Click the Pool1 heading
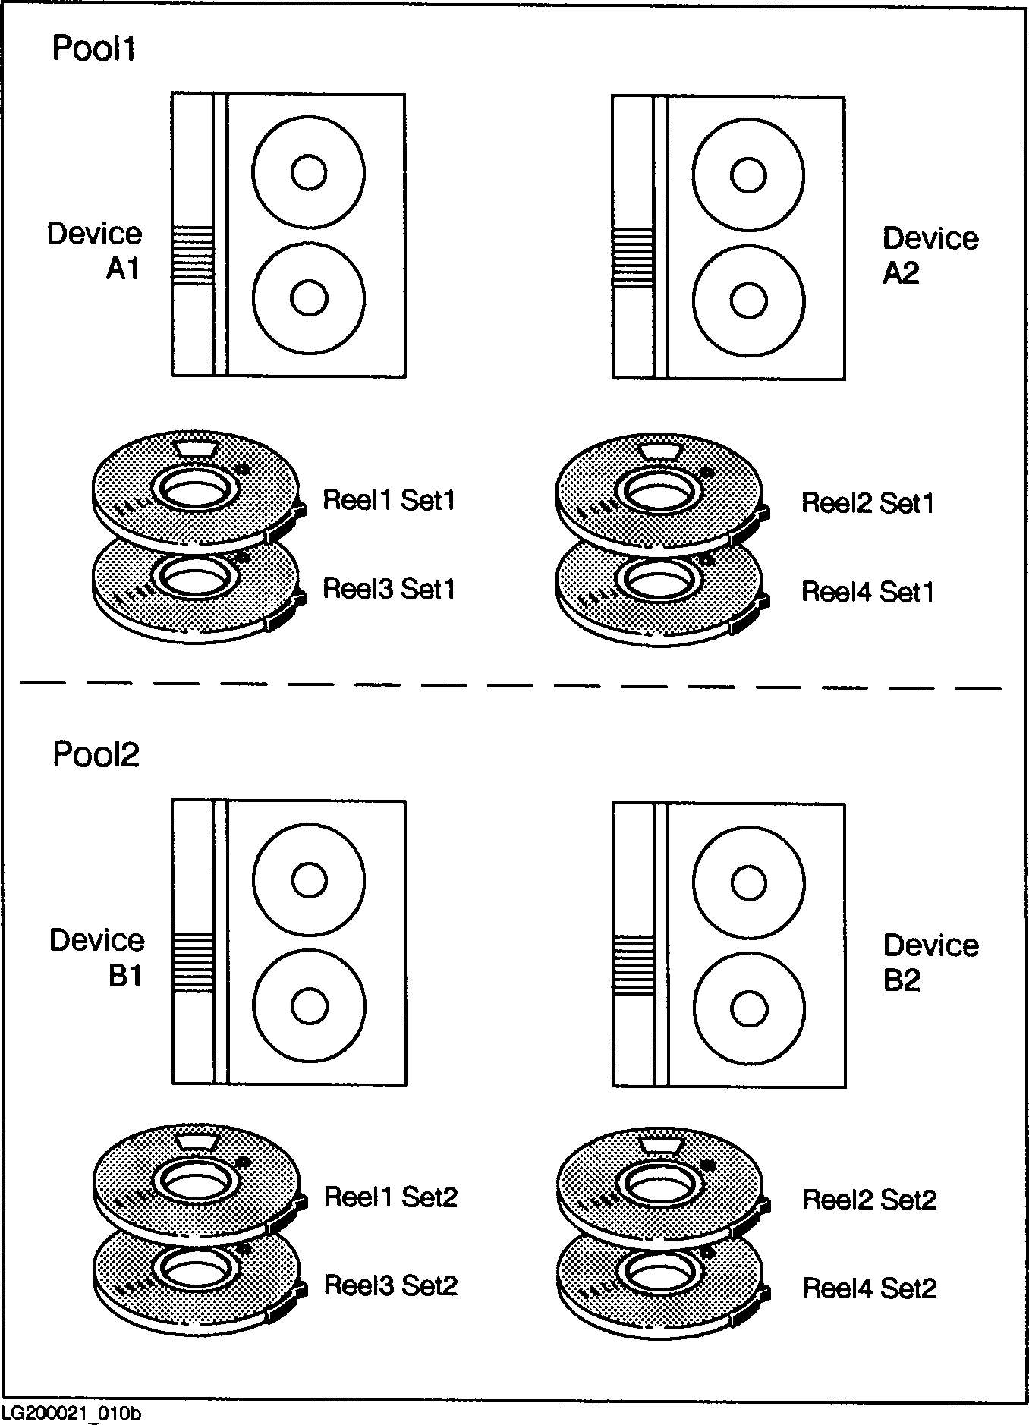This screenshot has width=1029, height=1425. point(93,49)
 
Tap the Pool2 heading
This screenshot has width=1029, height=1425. point(96,754)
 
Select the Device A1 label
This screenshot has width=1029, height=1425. point(96,250)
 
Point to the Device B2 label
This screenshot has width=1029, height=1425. point(930,962)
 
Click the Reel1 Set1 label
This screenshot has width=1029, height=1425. point(389,500)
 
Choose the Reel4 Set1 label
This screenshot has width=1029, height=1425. point(867,592)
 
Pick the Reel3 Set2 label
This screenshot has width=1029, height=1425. point(391,1285)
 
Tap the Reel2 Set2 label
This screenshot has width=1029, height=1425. point(870,1200)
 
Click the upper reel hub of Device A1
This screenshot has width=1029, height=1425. point(309,172)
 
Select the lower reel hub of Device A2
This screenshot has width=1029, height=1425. point(748,300)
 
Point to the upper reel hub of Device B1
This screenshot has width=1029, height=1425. point(309,880)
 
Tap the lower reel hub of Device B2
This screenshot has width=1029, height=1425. point(749,1008)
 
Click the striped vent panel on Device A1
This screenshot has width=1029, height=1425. point(193,256)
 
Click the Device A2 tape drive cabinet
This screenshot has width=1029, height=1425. point(728,237)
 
